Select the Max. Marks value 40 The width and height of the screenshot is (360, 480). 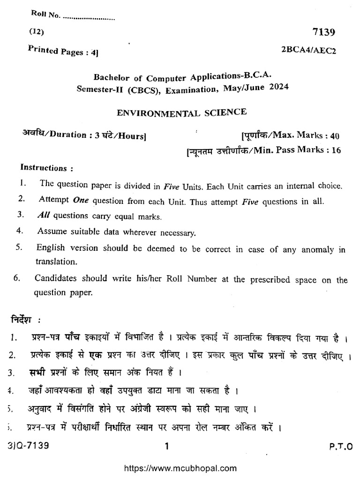tap(334, 136)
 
